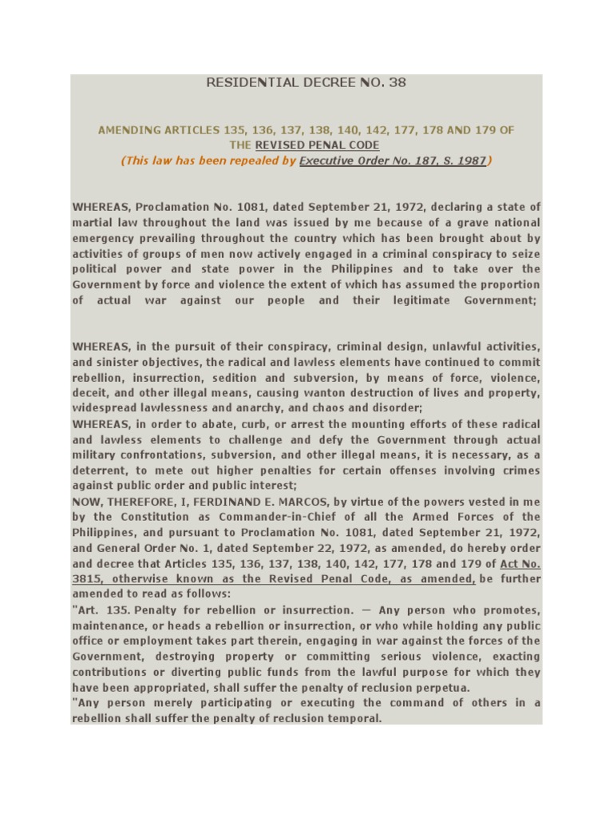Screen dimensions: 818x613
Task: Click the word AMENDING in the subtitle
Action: [129, 129]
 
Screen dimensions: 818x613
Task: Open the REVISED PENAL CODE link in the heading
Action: [317, 145]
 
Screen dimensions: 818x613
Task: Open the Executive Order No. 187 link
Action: [393, 161]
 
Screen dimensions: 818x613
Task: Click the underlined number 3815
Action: [87, 579]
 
